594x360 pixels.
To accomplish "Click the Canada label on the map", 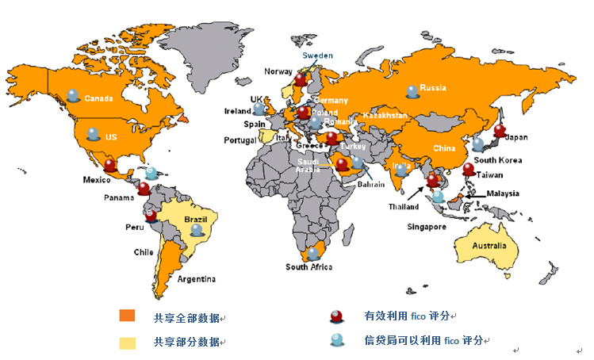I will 99,99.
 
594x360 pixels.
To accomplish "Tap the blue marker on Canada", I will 74,95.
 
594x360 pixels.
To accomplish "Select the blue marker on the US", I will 94,135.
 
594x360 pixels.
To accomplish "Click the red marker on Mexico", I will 110,166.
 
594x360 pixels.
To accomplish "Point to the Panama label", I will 118,197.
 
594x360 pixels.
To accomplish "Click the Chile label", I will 144,252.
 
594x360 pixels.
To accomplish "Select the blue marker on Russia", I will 412,91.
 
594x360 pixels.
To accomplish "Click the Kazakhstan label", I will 385,116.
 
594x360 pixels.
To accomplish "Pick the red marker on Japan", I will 499,131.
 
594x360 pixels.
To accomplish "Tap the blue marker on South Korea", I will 478,144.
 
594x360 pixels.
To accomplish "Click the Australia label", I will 489,246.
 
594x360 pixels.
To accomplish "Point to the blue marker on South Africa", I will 312,254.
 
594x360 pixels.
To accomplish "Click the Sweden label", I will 318,56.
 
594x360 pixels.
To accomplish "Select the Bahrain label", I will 371,184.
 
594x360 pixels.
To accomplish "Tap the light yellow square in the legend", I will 128,343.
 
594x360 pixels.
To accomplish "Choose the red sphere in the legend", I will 337,316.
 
